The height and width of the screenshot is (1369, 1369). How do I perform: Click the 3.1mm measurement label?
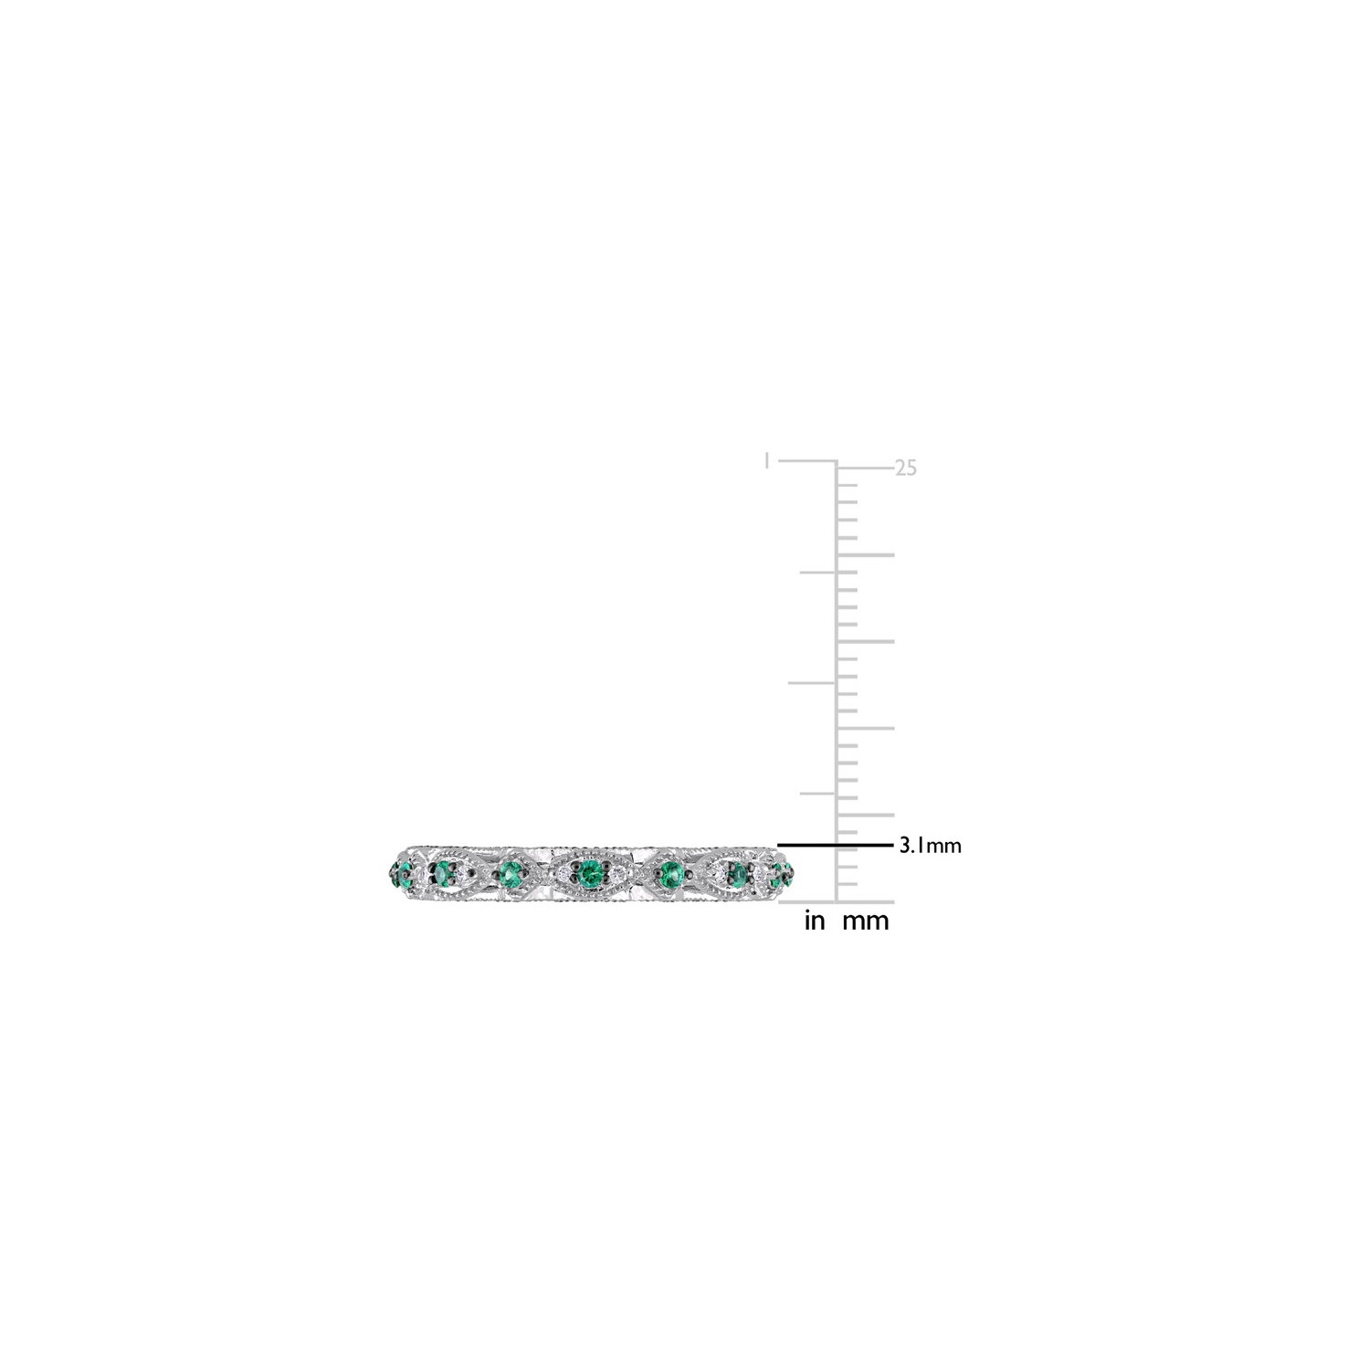pos(930,846)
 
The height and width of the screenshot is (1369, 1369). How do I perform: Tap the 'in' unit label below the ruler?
pos(814,921)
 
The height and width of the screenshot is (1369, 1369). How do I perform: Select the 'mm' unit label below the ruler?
pos(865,921)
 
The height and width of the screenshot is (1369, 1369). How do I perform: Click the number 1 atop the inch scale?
pos(767,461)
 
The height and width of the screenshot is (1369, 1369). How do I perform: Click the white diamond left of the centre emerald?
pos(561,874)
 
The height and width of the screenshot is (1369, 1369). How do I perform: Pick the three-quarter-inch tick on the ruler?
pos(818,572)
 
